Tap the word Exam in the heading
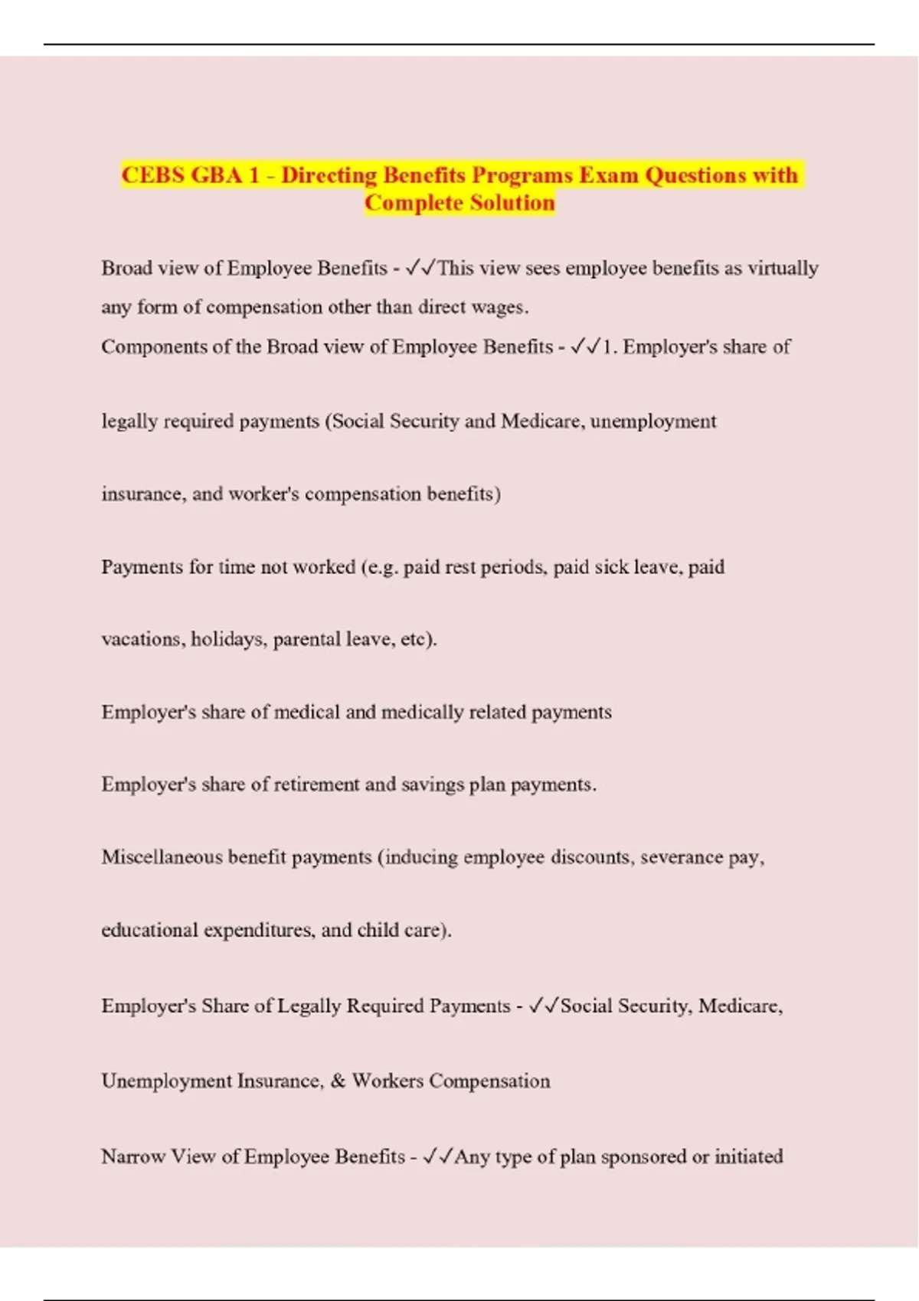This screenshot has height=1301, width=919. coord(609,175)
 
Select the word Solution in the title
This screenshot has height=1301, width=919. coord(512,203)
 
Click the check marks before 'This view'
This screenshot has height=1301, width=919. coord(421,268)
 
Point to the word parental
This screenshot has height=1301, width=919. coord(306,639)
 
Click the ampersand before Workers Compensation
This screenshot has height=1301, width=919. coord(338,1081)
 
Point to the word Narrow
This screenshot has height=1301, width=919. coord(132,1156)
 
